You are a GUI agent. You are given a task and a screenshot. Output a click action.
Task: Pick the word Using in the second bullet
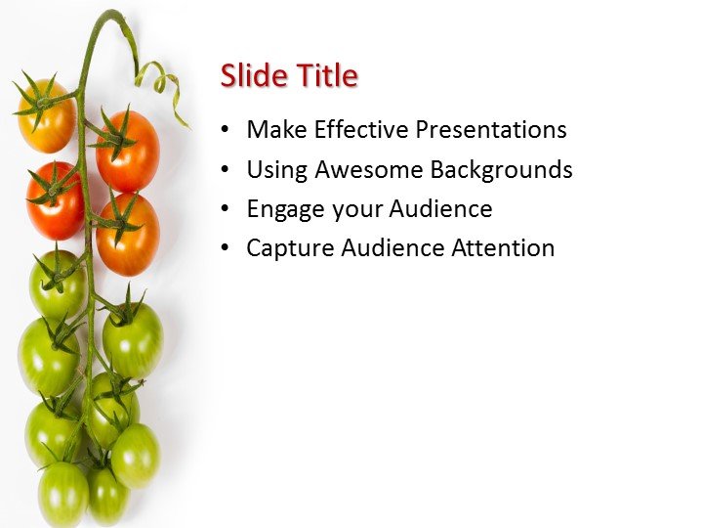tap(276, 169)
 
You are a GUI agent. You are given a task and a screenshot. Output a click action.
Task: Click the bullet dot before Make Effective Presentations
tap(227, 130)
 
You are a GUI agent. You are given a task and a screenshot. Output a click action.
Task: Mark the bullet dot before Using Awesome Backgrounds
tap(227, 170)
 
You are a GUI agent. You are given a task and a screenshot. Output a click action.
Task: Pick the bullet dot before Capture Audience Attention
tap(227, 248)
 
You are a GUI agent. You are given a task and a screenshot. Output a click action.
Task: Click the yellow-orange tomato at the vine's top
tap(45, 118)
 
